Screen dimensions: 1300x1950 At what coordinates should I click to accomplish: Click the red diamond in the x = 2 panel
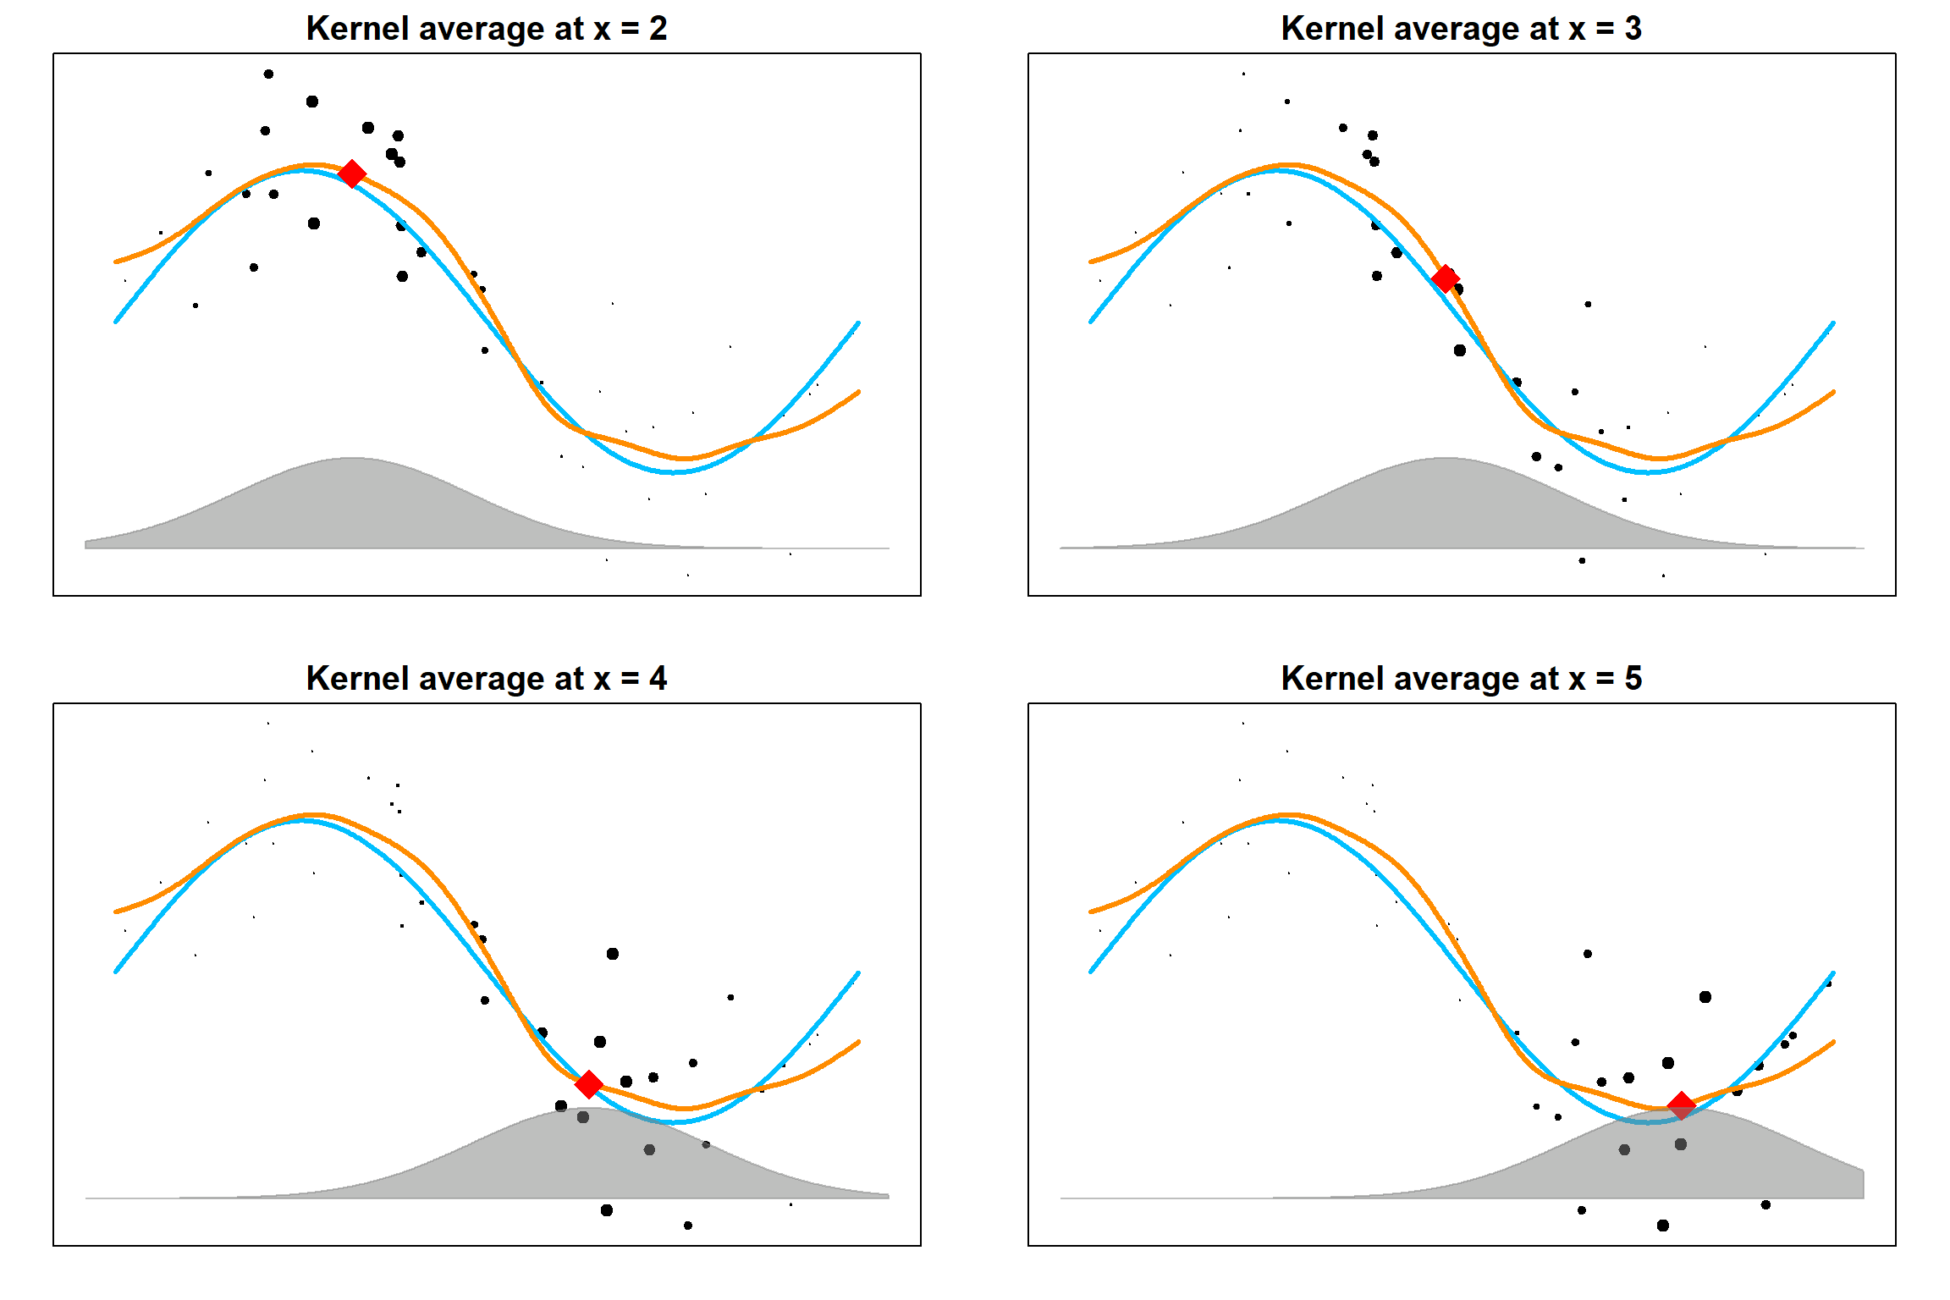click(352, 174)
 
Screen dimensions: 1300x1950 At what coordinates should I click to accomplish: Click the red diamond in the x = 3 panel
click(1446, 278)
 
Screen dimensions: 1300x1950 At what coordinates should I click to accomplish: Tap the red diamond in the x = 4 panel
click(589, 1083)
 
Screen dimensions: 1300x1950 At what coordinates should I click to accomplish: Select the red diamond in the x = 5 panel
click(1682, 1105)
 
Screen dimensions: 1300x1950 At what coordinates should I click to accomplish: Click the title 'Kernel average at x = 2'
click(487, 29)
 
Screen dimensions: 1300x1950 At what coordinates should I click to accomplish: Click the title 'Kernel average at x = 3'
click(1462, 29)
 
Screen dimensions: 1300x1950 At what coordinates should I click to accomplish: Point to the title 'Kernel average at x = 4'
click(487, 679)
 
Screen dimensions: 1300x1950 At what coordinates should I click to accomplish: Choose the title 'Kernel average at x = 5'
click(1462, 679)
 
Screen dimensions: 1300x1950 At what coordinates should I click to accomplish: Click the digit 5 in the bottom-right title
click(1633, 679)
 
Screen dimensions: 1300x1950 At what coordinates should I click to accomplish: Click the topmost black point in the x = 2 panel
click(268, 74)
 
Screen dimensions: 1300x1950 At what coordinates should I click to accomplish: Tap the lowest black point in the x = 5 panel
click(1663, 1226)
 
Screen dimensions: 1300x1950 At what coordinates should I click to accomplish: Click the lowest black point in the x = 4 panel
click(688, 1226)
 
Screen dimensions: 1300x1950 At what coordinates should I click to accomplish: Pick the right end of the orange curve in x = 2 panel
click(858, 392)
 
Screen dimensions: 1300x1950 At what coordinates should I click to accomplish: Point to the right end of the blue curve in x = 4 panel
click(858, 973)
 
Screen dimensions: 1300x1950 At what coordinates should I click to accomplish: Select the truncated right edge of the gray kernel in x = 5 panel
click(1863, 1183)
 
